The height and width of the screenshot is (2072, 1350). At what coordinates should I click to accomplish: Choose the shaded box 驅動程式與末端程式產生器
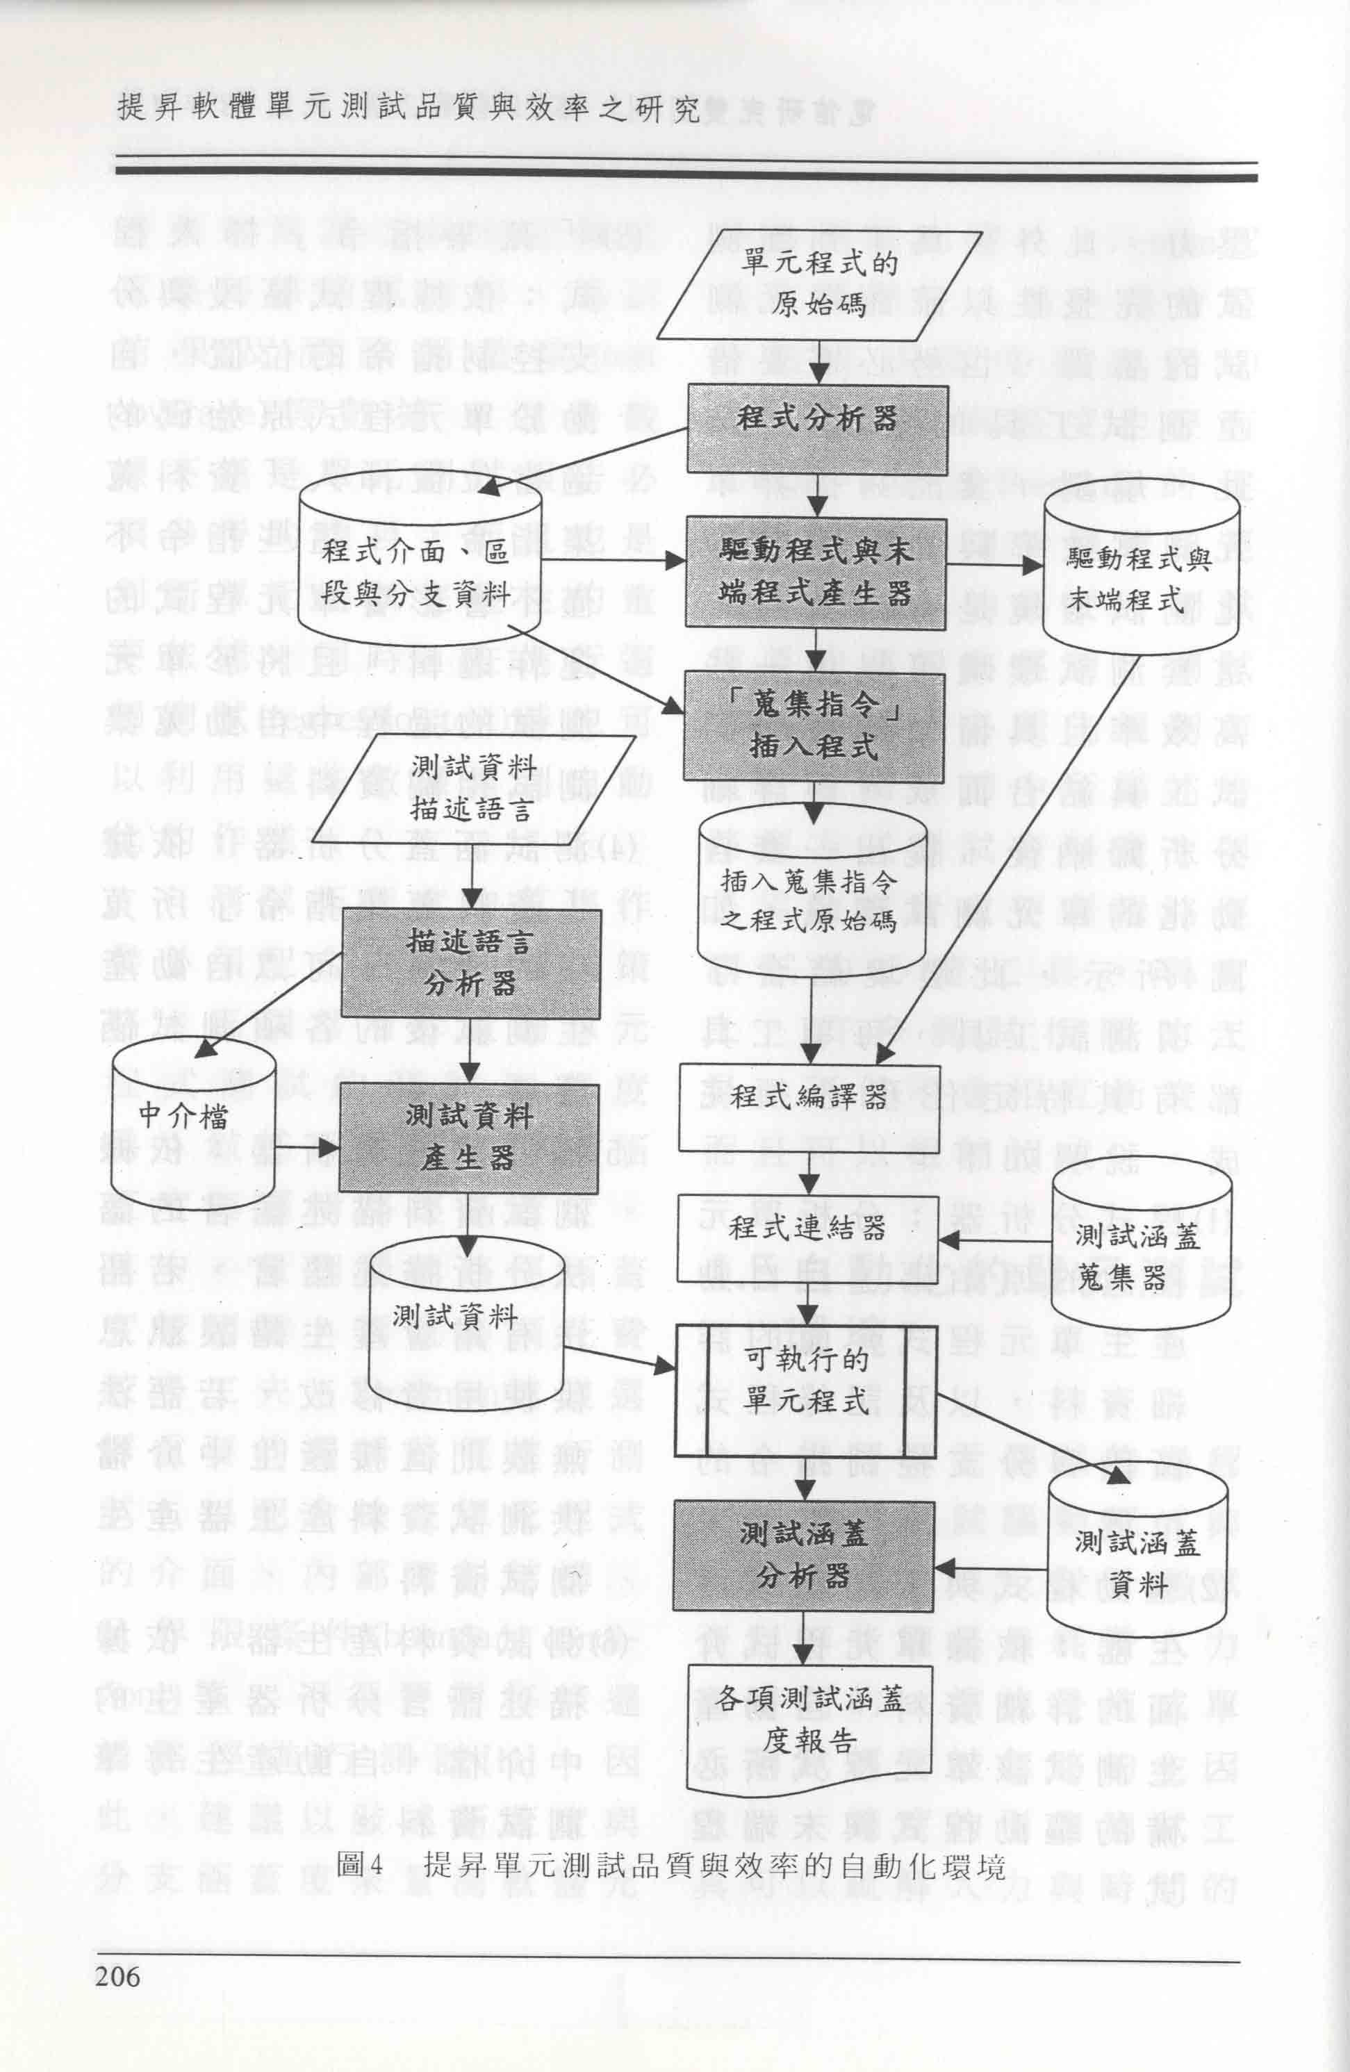pos(816,572)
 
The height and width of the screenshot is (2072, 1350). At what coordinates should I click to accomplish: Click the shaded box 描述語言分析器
pos(470,964)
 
